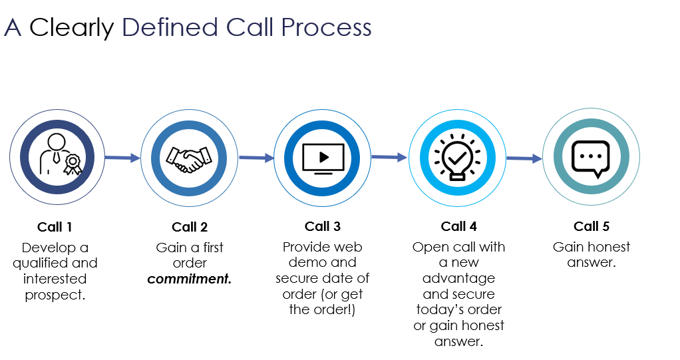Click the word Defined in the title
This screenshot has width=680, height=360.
click(x=170, y=27)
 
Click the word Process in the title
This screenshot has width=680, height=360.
click(x=325, y=27)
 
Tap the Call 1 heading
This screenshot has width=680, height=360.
click(x=55, y=228)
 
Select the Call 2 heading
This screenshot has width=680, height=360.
click(x=190, y=228)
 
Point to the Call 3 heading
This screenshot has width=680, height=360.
click(x=323, y=227)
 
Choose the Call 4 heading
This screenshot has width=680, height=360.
click(x=458, y=227)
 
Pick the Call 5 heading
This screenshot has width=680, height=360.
click(x=592, y=227)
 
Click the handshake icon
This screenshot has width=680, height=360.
click(x=189, y=158)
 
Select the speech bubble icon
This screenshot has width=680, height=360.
click(x=591, y=158)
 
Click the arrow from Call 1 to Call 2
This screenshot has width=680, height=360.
click(x=122, y=158)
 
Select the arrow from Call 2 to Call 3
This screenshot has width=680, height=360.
click(x=256, y=158)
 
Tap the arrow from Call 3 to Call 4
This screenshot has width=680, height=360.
click(x=389, y=157)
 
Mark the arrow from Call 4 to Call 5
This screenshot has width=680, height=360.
click(x=524, y=158)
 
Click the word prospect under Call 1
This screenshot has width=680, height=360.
click(x=55, y=295)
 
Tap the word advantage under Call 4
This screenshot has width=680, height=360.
click(x=458, y=277)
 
